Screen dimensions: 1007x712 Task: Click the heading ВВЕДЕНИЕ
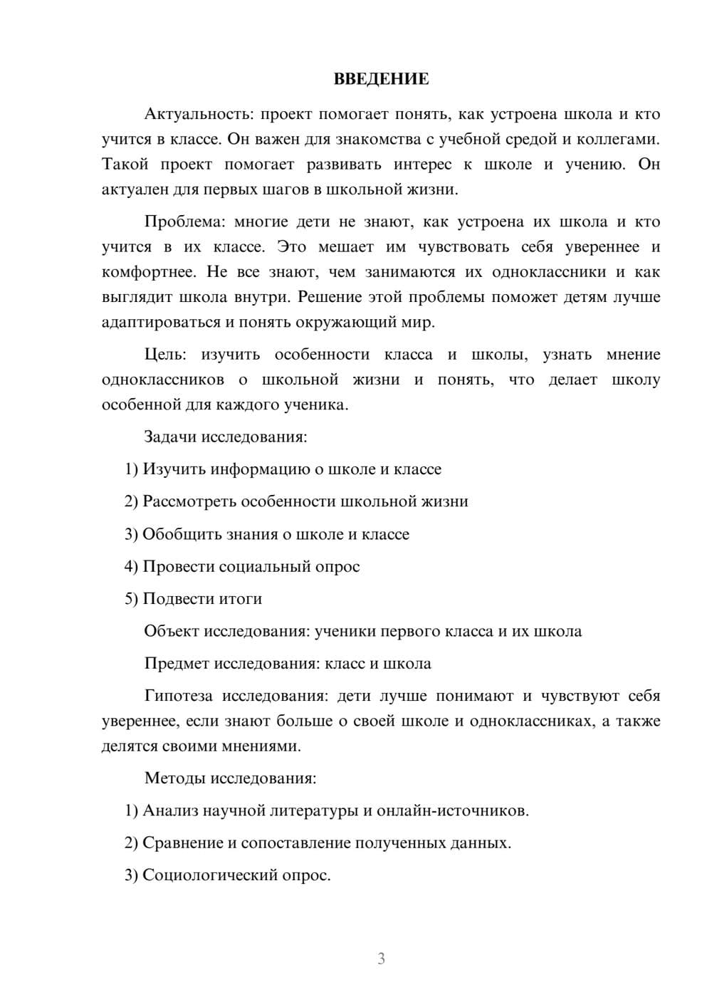[381, 79]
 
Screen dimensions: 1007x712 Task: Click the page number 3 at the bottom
[381, 959]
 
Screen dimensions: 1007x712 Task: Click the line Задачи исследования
[226, 437]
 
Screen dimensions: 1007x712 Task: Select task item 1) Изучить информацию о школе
[283, 469]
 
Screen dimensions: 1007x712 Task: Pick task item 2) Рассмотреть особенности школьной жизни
[296, 501]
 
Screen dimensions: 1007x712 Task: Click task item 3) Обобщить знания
[267, 534]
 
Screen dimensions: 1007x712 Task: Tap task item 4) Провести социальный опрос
[242, 567]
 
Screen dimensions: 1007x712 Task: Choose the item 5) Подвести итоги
[193, 599]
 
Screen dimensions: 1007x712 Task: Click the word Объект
[172, 632]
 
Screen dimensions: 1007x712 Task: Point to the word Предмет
[177, 664]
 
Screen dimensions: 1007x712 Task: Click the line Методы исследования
[230, 778]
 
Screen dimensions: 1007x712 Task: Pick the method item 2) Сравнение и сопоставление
[318, 843]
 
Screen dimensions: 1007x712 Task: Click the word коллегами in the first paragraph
[623, 140]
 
